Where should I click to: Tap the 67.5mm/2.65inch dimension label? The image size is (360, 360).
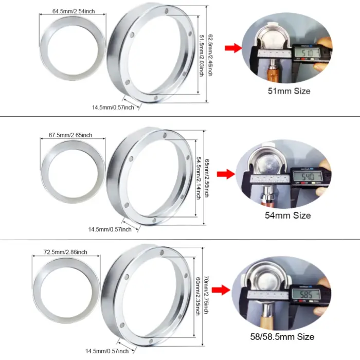click(70, 135)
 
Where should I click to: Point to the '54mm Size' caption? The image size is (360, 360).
click(287, 215)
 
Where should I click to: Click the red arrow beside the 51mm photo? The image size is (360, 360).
click(233, 48)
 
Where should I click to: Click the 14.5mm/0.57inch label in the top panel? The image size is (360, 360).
click(113, 107)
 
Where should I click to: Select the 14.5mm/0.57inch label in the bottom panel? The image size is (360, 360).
click(106, 351)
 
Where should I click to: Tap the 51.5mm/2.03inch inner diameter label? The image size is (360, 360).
click(202, 55)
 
